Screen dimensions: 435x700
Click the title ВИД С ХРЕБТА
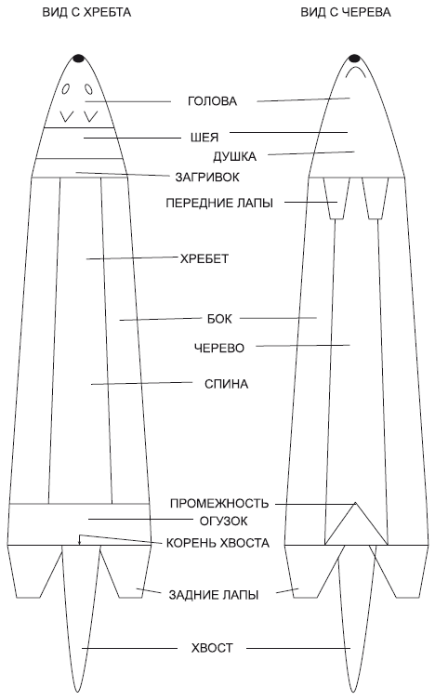(x=86, y=12)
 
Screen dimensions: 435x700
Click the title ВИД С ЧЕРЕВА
(x=346, y=12)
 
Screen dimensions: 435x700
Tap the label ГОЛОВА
(x=212, y=101)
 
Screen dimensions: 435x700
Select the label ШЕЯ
(x=204, y=138)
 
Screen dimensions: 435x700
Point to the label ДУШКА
(x=234, y=157)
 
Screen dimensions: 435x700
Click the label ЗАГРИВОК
(x=207, y=178)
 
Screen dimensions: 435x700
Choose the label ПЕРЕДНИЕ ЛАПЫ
(x=219, y=204)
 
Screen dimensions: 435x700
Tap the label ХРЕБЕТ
(x=204, y=259)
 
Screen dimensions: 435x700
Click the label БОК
(x=219, y=319)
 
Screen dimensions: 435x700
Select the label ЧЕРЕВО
(x=219, y=348)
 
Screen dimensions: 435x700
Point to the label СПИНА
(x=226, y=384)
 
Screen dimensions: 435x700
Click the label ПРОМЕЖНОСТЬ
(x=219, y=504)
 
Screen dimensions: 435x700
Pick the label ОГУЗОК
(x=223, y=521)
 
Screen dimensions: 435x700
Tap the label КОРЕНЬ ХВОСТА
(x=217, y=543)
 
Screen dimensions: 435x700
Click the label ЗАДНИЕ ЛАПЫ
(x=214, y=595)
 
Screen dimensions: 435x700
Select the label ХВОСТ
(x=212, y=648)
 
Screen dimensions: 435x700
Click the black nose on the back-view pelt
(x=78, y=58)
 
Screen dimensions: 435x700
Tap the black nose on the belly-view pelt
(x=354, y=58)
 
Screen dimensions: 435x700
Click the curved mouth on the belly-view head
(x=355, y=69)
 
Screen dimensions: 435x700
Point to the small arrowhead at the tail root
(x=79, y=542)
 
